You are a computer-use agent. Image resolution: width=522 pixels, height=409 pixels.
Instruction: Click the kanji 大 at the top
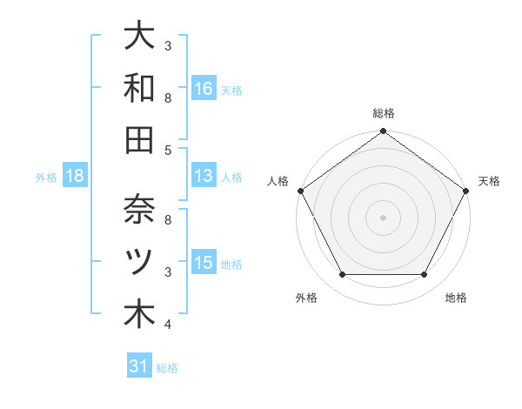click(x=139, y=37)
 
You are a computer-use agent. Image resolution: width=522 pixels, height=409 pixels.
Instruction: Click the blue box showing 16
click(x=203, y=88)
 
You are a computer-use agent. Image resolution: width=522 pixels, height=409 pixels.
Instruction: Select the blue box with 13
click(x=203, y=176)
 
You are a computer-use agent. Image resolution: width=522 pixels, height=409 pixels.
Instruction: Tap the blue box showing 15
click(x=203, y=263)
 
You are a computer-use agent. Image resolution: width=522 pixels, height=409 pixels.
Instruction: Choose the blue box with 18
click(x=75, y=176)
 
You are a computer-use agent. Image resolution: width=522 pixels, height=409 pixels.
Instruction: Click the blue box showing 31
click(x=139, y=366)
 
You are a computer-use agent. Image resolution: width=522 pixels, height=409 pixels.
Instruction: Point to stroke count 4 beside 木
click(x=168, y=325)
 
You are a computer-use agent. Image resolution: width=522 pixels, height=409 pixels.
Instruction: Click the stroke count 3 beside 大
click(x=168, y=45)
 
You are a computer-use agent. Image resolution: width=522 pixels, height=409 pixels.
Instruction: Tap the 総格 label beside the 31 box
click(x=167, y=368)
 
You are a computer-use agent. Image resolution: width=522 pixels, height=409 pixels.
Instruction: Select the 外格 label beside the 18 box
click(x=46, y=178)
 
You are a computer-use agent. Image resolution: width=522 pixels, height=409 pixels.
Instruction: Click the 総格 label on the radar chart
click(x=383, y=113)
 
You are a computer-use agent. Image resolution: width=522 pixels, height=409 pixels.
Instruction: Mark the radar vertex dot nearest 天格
click(x=466, y=191)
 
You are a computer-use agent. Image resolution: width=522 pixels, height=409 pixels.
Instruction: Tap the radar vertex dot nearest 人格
click(x=300, y=191)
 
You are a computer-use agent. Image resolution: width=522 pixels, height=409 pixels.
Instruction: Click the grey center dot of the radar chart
click(x=383, y=218)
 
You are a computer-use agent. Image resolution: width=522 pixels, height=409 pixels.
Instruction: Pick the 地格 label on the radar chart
click(x=456, y=298)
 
